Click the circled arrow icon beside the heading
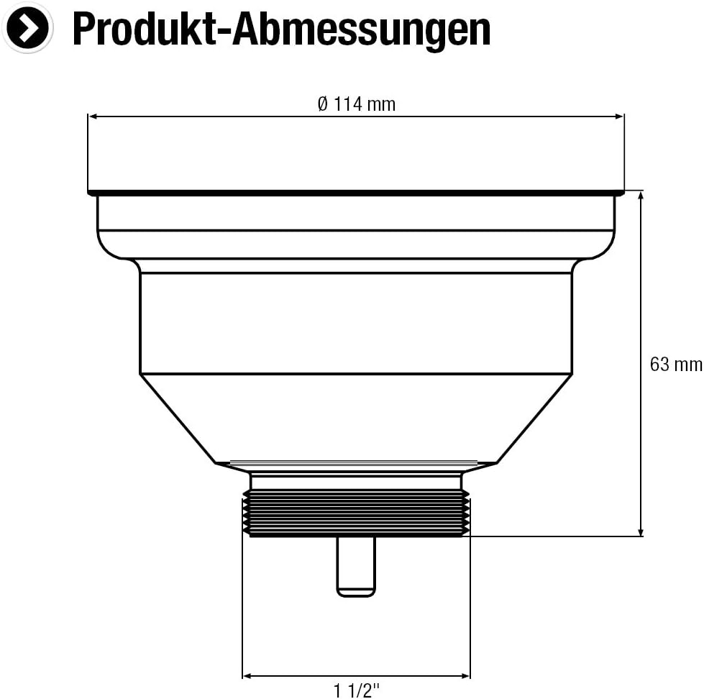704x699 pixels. tap(27, 28)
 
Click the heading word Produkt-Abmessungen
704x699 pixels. tap(281, 29)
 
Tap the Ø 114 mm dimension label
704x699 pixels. tap(357, 104)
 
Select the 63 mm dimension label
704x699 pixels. tap(675, 364)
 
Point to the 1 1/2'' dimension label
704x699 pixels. tap(356, 692)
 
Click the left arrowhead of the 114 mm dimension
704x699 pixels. tap(92, 116)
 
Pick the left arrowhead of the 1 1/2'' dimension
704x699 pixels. tap(247, 675)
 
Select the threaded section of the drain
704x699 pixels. tap(356, 513)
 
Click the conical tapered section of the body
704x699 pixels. tap(356, 417)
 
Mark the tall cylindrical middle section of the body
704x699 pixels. tap(356, 324)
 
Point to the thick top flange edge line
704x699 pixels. tap(356, 193)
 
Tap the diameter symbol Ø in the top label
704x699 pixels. tap(323, 104)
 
